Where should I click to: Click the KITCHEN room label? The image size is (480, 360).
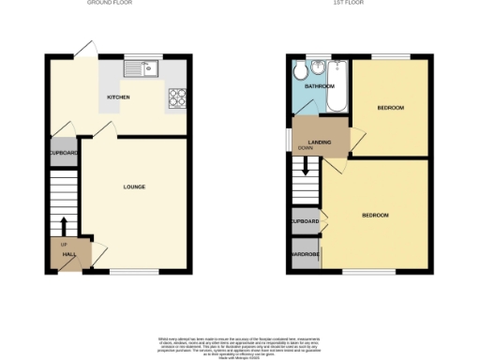click(x=118, y=97)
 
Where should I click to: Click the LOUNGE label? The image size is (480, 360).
click(x=134, y=187)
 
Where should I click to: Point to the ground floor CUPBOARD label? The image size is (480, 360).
click(x=64, y=154)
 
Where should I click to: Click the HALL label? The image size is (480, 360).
click(x=69, y=253)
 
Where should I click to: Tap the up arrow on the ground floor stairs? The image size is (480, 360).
click(x=64, y=225)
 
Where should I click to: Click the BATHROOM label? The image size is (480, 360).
click(x=319, y=86)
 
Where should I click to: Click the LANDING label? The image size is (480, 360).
click(x=322, y=141)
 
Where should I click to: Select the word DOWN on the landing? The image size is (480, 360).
click(x=306, y=148)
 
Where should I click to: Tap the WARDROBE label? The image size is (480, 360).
click(x=306, y=253)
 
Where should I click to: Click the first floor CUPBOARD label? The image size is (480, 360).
click(x=306, y=221)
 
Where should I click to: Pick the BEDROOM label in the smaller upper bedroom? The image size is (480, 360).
click(x=390, y=108)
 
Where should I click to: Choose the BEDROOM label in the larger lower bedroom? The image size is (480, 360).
click(x=375, y=216)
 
